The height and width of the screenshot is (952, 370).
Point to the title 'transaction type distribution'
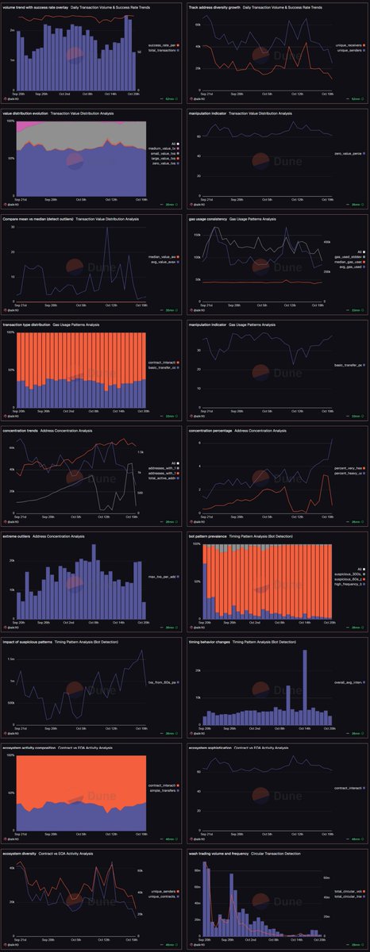click(36, 325)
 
